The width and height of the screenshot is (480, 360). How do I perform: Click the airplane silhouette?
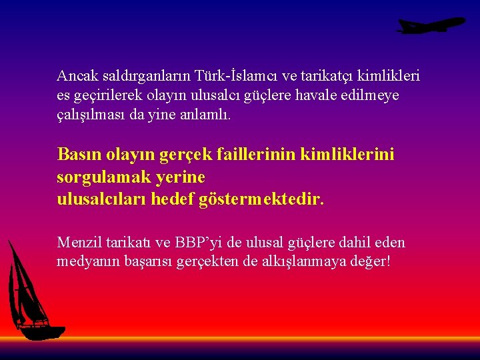[x=431, y=25]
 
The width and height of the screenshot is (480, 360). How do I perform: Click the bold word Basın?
[x=79, y=155]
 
